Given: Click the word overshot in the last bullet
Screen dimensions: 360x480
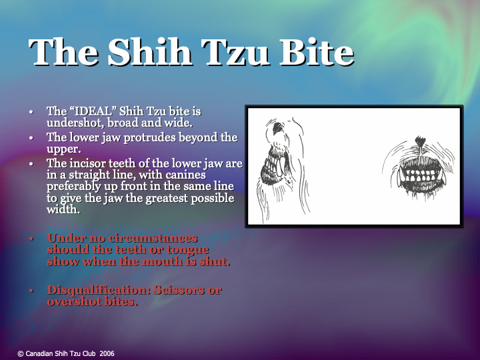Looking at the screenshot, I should (72, 301).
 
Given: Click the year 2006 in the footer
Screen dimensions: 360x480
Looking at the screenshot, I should (107, 353).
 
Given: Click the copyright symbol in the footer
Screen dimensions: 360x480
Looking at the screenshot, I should (20, 353).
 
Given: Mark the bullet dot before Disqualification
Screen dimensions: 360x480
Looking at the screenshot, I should (32, 291).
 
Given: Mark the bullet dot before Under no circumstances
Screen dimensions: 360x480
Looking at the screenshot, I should (32, 239).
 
